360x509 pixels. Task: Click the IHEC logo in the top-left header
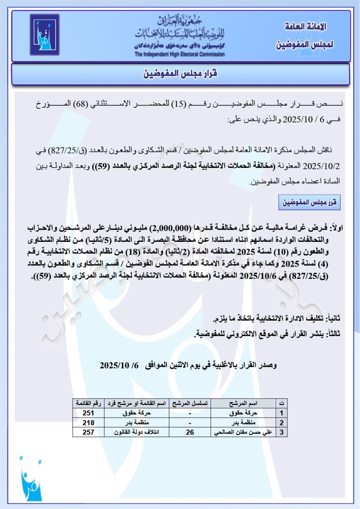point(45,35)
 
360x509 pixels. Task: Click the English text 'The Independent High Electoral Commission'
point(180,54)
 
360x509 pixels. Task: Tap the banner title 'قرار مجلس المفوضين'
point(180,74)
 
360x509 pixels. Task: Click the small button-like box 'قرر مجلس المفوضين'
point(309,203)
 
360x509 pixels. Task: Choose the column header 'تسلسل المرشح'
point(190,404)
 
